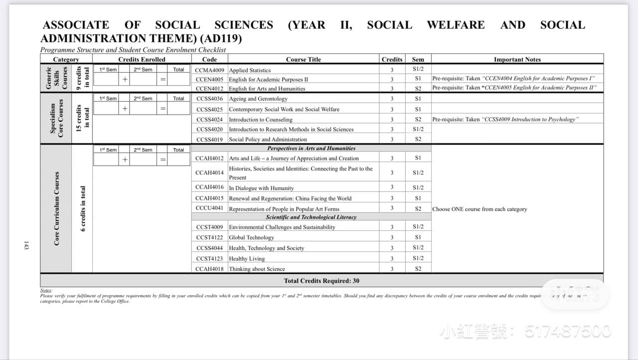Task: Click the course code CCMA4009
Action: pos(209,70)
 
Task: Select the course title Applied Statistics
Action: pos(250,70)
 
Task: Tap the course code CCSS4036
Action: pos(209,99)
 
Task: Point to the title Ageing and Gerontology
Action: pos(258,99)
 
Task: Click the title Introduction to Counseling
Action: pos(261,120)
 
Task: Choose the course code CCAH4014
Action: pos(209,173)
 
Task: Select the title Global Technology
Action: pos(251,238)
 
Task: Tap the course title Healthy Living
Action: pos(247,259)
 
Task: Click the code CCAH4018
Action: pos(209,269)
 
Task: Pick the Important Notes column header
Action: pos(517,59)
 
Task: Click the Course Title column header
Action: pos(303,59)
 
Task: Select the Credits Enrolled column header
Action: pos(142,59)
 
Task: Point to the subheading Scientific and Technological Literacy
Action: pos(311,217)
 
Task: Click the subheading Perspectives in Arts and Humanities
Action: pos(311,149)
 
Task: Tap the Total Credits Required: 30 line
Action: pos(321,281)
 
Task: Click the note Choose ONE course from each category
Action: pos(479,209)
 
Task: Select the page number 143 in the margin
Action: pos(26,246)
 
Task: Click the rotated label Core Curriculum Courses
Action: pos(57,208)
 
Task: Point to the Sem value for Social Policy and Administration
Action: pos(418,140)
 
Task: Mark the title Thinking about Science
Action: pos(257,269)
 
